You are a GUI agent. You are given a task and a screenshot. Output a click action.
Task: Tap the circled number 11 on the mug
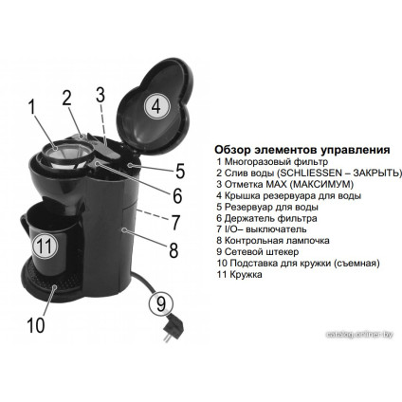point(43,245)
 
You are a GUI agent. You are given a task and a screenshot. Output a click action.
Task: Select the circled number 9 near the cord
point(160,304)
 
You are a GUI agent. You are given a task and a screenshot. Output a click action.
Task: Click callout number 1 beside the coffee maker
point(31,107)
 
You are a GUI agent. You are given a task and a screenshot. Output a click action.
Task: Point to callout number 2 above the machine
point(67,98)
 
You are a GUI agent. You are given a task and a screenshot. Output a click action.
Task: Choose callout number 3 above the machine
point(99,93)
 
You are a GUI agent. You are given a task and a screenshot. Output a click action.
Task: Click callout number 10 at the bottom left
point(35,325)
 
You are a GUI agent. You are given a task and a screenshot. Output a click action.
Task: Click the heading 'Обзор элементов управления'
point(289,150)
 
